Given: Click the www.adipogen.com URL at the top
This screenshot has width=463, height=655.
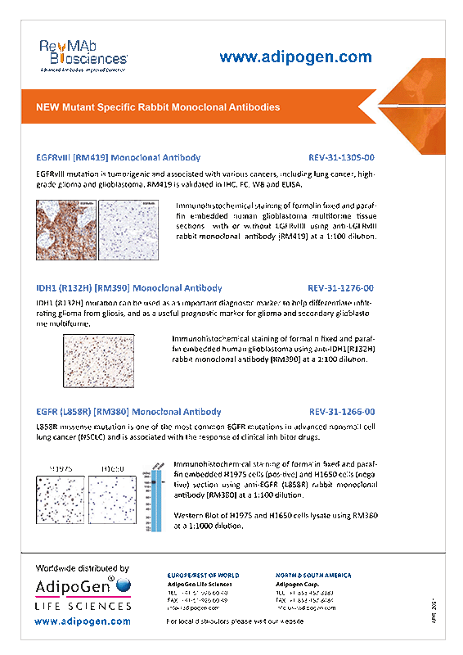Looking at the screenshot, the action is coord(295,56).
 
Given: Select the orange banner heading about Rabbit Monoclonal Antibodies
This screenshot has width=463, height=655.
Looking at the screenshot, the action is coord(158,107).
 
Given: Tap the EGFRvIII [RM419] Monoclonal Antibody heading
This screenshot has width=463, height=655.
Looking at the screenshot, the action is coord(119,156).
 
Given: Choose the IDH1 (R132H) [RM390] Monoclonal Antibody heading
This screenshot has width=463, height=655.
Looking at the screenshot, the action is coord(129,288).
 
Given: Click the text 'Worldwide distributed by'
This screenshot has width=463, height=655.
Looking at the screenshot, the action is coord(83,567).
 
